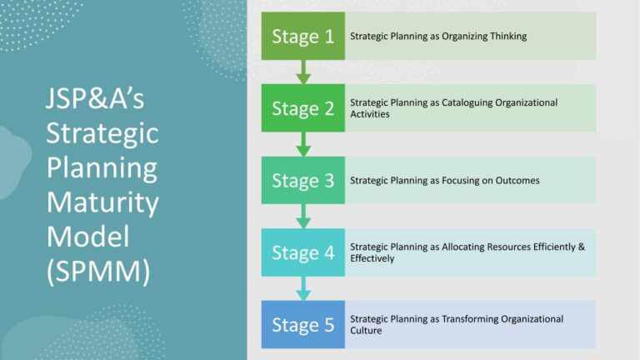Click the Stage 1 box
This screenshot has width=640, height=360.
click(x=302, y=36)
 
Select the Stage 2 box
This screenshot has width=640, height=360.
click(x=302, y=108)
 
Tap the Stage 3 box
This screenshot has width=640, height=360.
click(x=302, y=180)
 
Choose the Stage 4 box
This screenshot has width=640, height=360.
click(x=302, y=252)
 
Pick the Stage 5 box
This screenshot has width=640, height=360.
click(x=302, y=324)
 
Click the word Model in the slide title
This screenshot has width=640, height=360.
click(x=87, y=236)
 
